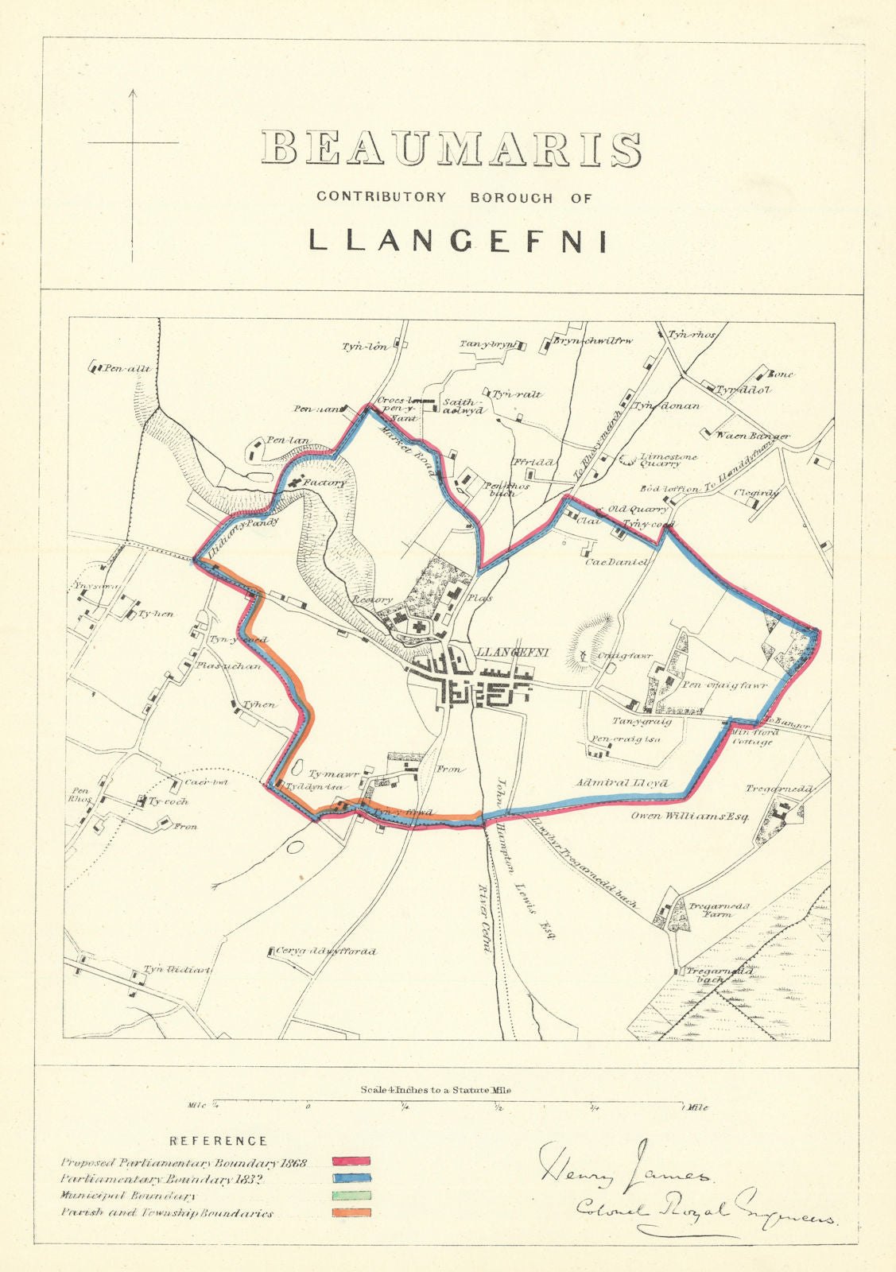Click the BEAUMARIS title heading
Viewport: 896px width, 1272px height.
coord(452,149)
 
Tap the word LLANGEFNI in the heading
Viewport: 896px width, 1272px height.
coord(457,241)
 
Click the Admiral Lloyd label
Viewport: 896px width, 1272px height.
coord(624,783)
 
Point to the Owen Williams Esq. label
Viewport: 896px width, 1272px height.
coord(690,816)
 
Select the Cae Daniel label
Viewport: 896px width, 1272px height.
coord(617,562)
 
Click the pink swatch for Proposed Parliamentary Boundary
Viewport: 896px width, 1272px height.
coord(351,1163)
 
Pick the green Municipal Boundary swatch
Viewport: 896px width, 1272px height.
coord(351,1196)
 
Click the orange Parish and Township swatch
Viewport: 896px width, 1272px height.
coord(351,1212)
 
